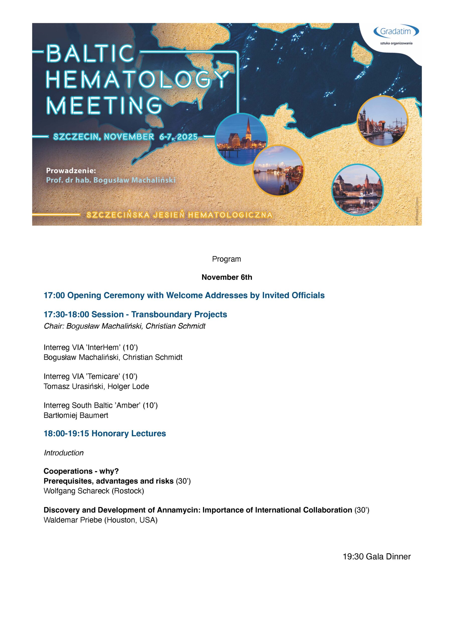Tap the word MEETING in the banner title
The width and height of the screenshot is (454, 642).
point(104,105)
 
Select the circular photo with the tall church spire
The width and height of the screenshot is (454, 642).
point(241,139)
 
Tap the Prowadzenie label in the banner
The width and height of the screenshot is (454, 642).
point(71,170)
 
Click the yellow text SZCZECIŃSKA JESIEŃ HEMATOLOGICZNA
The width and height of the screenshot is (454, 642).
point(179,215)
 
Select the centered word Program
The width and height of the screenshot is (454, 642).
point(226,259)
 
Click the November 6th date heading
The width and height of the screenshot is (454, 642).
point(227,277)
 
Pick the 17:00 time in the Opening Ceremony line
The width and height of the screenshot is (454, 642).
point(54,295)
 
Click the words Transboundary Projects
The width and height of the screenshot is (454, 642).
point(179,314)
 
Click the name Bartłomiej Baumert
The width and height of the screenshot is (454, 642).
point(76,416)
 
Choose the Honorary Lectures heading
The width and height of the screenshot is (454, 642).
point(128,434)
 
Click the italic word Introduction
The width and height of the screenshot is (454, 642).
point(63,453)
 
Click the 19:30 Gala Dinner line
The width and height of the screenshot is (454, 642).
point(376,557)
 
